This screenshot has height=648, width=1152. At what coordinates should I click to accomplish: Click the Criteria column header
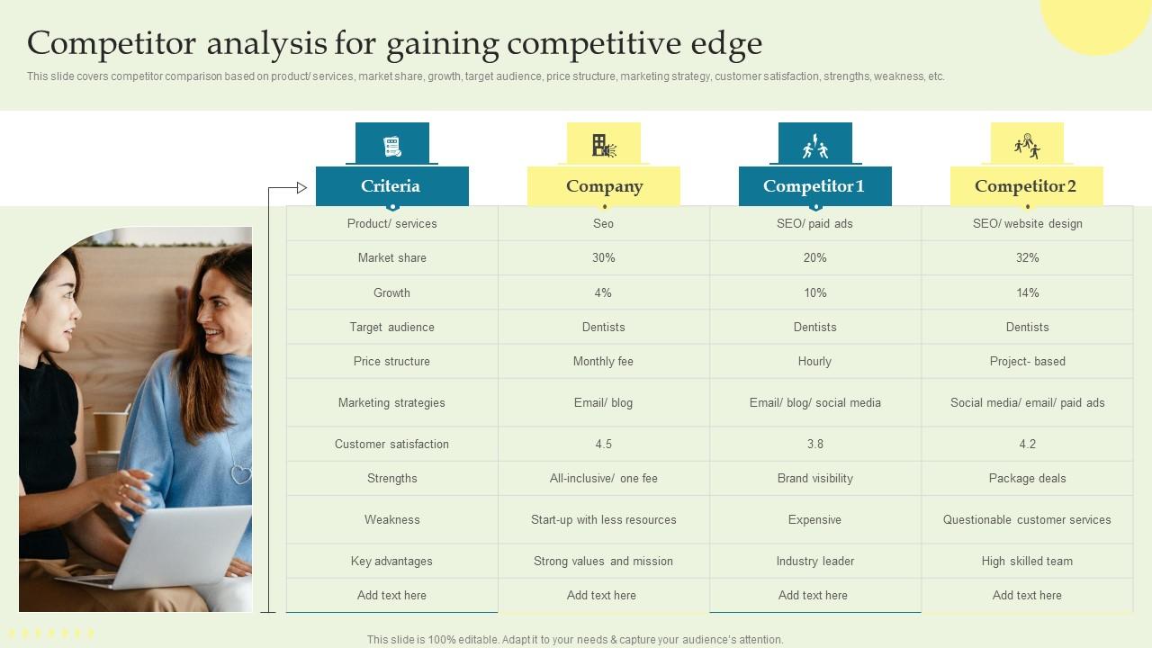click(x=391, y=186)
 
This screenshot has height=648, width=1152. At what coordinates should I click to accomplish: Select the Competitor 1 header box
click(x=814, y=186)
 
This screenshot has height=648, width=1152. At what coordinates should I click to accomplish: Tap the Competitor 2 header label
click(x=1026, y=186)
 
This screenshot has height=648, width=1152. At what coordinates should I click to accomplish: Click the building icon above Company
click(x=603, y=145)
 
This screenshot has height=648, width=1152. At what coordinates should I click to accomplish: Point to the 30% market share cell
click(x=603, y=258)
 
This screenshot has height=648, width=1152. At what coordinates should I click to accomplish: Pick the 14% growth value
click(x=1027, y=292)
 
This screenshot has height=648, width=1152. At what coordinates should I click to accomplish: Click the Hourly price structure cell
click(x=814, y=362)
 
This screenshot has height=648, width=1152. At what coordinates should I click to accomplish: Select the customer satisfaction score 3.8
click(x=814, y=444)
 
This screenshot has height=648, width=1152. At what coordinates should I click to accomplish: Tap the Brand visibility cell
click(x=814, y=479)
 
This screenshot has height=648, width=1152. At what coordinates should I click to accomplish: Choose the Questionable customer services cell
click(x=1027, y=520)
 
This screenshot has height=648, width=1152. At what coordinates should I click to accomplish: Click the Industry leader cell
click(x=814, y=562)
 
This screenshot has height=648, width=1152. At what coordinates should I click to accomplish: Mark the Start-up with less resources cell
click(x=603, y=520)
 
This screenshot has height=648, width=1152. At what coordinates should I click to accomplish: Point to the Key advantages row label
click(x=391, y=562)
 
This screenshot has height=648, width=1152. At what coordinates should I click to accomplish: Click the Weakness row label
click(x=391, y=520)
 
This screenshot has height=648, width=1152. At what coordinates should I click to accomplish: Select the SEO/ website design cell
click(x=1027, y=224)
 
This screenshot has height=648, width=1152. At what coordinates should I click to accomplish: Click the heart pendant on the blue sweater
click(x=240, y=473)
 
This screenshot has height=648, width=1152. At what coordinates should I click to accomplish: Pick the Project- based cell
click(x=1027, y=362)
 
